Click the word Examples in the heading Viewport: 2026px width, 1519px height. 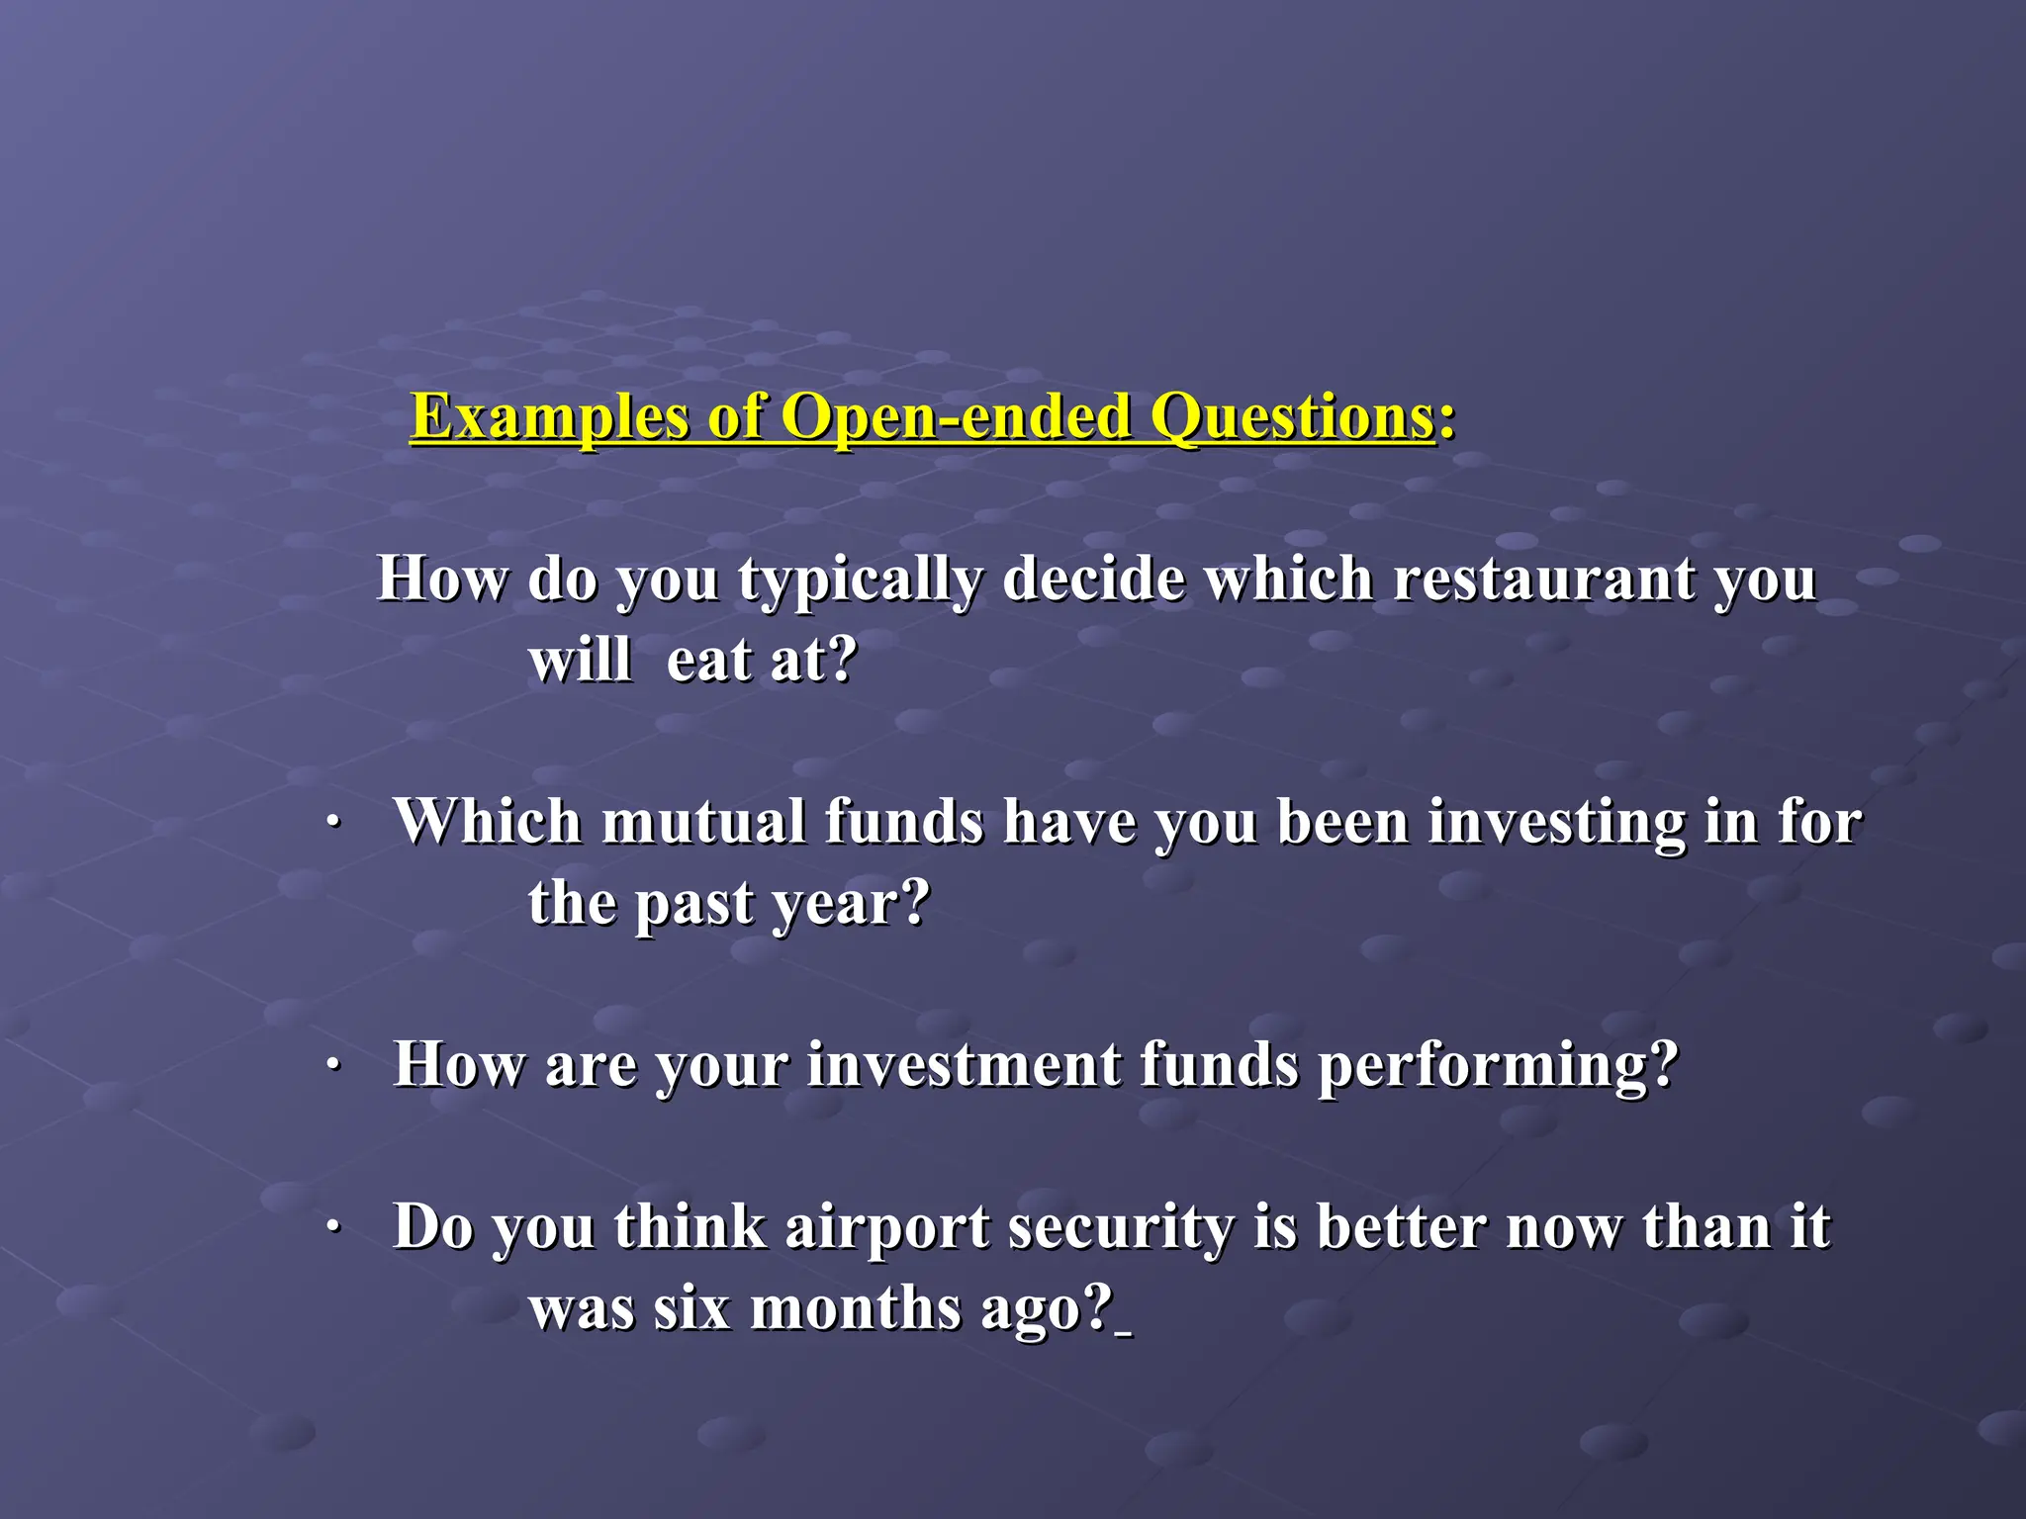[x=549, y=417]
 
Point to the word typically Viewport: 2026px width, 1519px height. [x=860, y=581]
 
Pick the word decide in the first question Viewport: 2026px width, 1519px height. [x=1092, y=579]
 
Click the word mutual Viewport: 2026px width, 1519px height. [x=703, y=822]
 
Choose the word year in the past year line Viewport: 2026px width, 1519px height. [x=851, y=905]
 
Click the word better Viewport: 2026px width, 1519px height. [x=1401, y=1227]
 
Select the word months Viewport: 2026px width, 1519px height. [x=856, y=1309]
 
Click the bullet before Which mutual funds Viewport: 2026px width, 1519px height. [x=333, y=823]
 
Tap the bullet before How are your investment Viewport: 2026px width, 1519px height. [x=333, y=1066]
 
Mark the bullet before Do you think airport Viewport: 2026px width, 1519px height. [x=333, y=1228]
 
